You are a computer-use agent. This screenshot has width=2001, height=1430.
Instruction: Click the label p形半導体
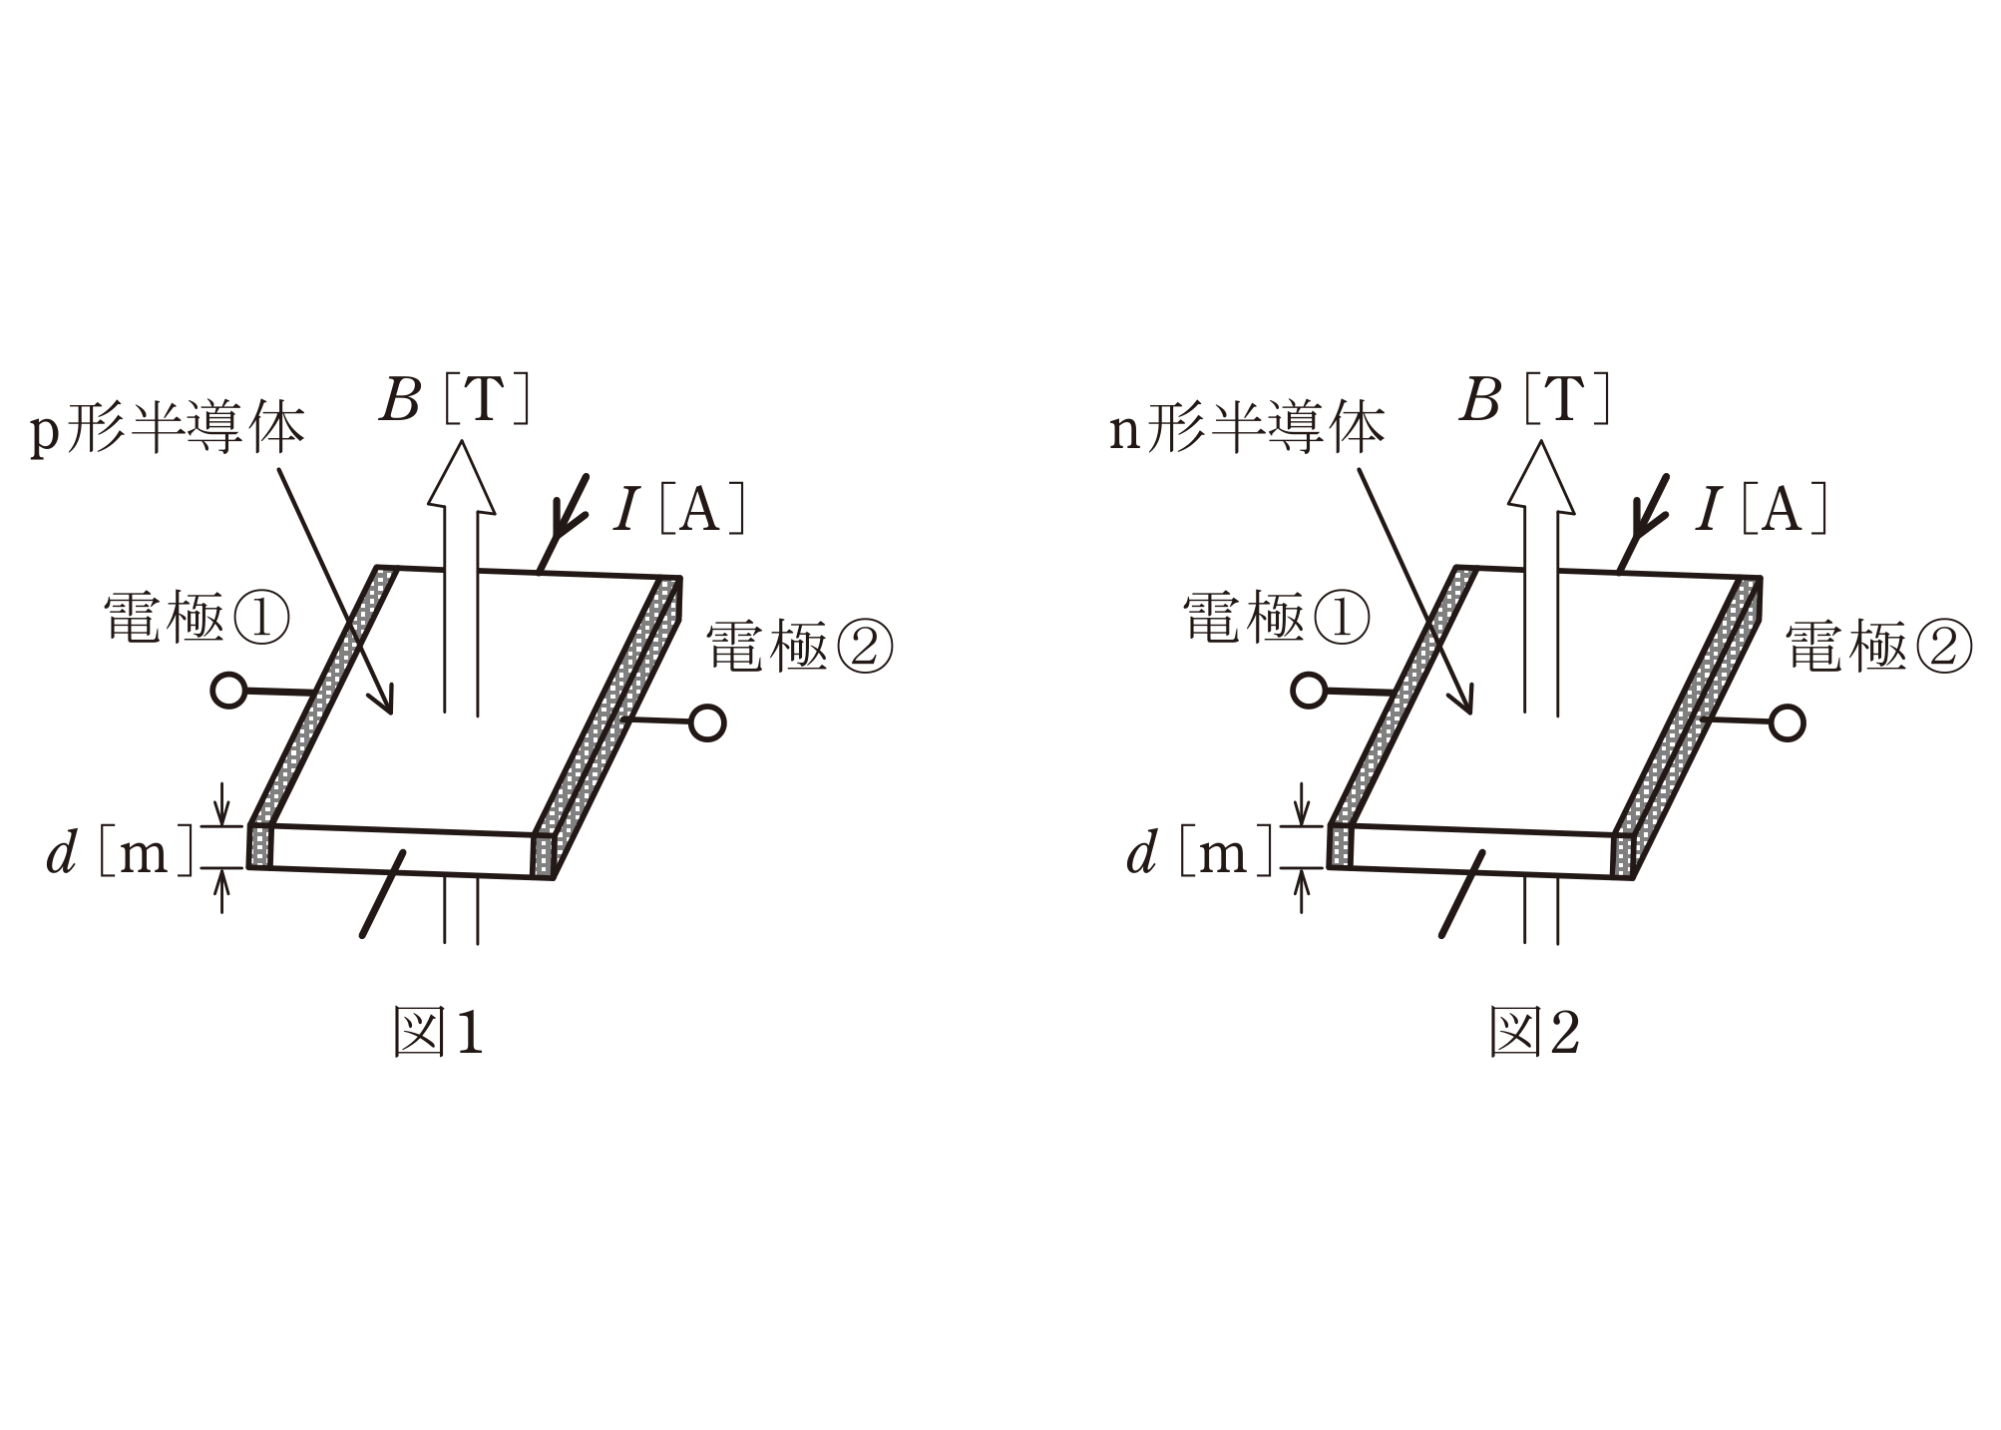pyautogui.click(x=167, y=429)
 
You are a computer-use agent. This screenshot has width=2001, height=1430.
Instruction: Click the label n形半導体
pyautogui.click(x=1247, y=429)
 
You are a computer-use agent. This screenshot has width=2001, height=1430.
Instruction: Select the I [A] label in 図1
pyautogui.click(x=679, y=509)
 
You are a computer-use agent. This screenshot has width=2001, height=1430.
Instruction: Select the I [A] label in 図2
pyautogui.click(x=1761, y=509)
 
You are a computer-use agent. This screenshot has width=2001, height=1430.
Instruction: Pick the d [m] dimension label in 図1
pyautogui.click(x=120, y=853)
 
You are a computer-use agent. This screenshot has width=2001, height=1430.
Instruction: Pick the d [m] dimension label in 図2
pyautogui.click(x=1200, y=853)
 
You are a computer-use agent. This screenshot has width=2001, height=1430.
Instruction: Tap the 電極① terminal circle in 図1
pyautogui.click(x=228, y=690)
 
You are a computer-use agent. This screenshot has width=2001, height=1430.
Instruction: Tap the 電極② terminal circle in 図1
pyautogui.click(x=707, y=723)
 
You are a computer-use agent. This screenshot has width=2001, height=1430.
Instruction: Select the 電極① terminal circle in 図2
pyautogui.click(x=1308, y=690)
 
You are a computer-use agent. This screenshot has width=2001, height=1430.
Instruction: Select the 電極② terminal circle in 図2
pyautogui.click(x=1788, y=723)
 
